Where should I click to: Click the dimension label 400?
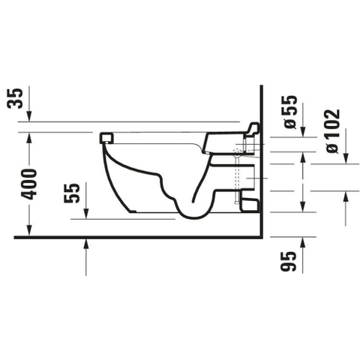pyautogui.click(x=28, y=184)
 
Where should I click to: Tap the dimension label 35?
pyautogui.click(x=15, y=98)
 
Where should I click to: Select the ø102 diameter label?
pyautogui.click(x=333, y=131)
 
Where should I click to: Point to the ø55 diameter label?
pyautogui.click(x=290, y=112)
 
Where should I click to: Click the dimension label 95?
pyautogui.click(x=288, y=261)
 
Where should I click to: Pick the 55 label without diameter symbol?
pyautogui.click(x=72, y=193)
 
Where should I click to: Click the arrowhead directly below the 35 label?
pyautogui.click(x=29, y=116)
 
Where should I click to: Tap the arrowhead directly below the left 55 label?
pyautogui.click(x=86, y=214)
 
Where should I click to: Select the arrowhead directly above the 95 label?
pyautogui.click(x=302, y=242)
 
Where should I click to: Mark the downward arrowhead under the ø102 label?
pyautogui.click(x=346, y=158)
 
